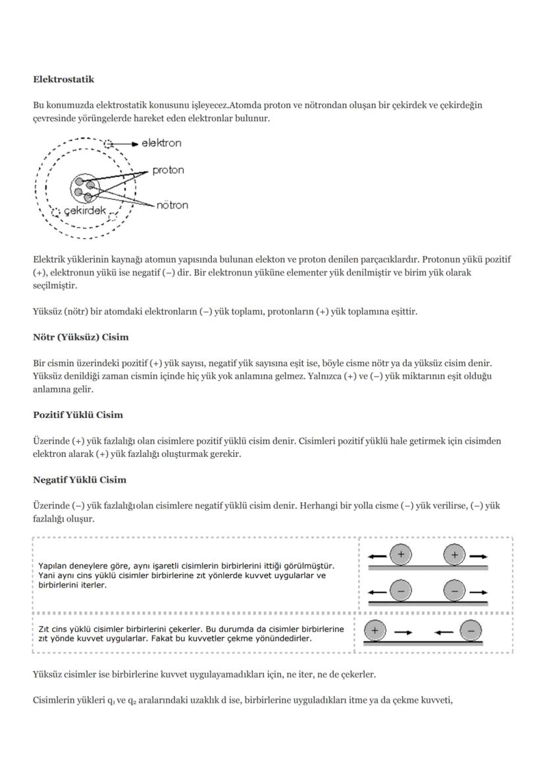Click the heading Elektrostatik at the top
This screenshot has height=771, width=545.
pos(63,80)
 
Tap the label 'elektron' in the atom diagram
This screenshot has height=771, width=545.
pos(161,143)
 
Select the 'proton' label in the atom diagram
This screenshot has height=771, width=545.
pos(168,171)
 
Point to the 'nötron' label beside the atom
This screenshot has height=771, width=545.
pos(172,205)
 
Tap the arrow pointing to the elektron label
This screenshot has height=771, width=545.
pos(127,143)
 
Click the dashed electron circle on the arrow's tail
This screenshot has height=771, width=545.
pos(109,143)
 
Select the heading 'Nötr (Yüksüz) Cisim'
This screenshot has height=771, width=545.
pos(80,337)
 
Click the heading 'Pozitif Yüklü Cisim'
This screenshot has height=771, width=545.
pos(78,415)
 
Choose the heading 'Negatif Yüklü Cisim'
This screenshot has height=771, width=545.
pos(80,479)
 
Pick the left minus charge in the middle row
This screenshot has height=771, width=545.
pos(400,591)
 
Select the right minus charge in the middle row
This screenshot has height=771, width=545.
pos(455,591)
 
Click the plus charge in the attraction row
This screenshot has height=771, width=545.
pos(375,631)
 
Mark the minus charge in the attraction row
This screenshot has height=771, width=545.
pos(471,631)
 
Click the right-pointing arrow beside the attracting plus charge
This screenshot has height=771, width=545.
pos(403,632)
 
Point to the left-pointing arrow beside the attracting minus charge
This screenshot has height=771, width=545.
pos(444,632)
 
